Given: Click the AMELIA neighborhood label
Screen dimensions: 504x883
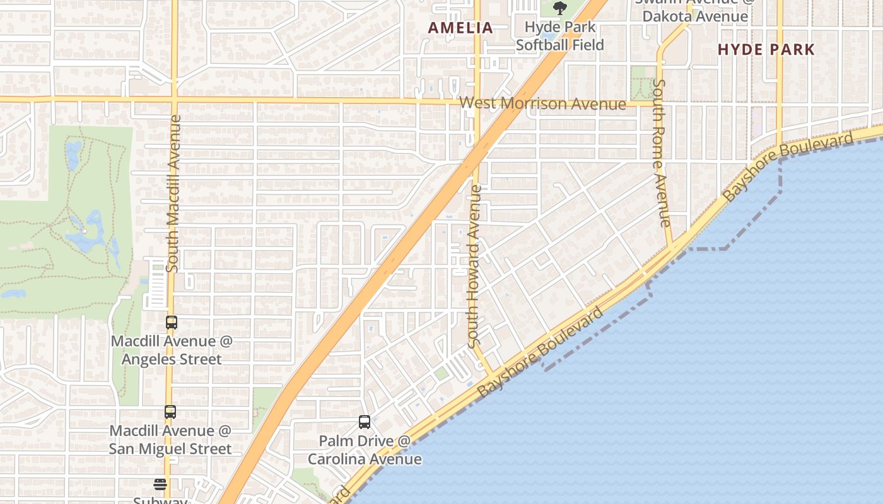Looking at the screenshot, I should [x=460, y=28].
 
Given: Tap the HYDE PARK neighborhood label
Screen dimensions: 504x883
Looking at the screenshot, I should [x=766, y=49].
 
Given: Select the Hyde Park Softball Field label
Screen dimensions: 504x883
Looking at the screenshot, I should [x=559, y=36].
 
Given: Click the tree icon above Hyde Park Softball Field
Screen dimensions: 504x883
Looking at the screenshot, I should [x=559, y=8].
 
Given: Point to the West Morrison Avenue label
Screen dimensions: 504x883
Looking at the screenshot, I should [x=542, y=104].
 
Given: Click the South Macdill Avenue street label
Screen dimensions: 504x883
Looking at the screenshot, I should [x=173, y=193].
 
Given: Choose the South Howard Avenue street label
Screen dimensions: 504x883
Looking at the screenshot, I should [x=475, y=265].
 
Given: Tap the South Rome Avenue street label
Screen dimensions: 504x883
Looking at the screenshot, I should [x=660, y=152].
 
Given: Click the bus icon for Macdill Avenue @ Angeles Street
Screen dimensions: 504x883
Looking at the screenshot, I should [x=171, y=323].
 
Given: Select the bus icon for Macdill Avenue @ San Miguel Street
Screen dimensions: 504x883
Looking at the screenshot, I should [x=170, y=412].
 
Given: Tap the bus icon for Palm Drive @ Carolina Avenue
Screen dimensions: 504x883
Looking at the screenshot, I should [x=365, y=422].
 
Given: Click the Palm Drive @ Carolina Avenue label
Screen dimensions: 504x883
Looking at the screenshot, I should [x=365, y=450].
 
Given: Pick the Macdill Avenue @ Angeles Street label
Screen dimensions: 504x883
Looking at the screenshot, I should [x=172, y=350].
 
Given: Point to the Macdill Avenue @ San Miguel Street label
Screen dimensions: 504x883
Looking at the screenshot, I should [x=170, y=440].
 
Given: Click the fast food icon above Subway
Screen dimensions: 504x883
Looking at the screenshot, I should [x=160, y=484].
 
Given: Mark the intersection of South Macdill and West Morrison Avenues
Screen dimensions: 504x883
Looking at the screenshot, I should [x=174, y=99].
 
